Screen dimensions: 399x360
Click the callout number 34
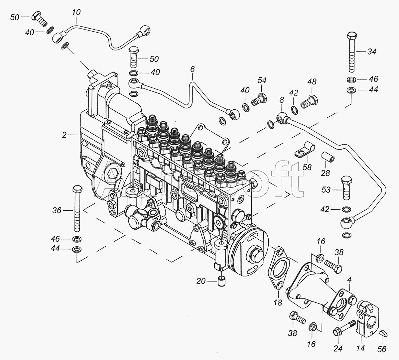(x=372, y=52)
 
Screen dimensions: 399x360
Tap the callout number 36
(x=57, y=210)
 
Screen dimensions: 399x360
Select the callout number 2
(x=64, y=135)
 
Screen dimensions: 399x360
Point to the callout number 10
(x=76, y=12)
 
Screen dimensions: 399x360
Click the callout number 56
(x=381, y=349)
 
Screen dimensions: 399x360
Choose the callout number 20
(x=201, y=281)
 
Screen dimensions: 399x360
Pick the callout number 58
(x=307, y=167)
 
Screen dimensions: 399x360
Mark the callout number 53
(x=326, y=190)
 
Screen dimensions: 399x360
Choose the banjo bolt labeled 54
(x=259, y=100)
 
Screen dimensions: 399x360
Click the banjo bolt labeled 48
(x=310, y=102)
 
